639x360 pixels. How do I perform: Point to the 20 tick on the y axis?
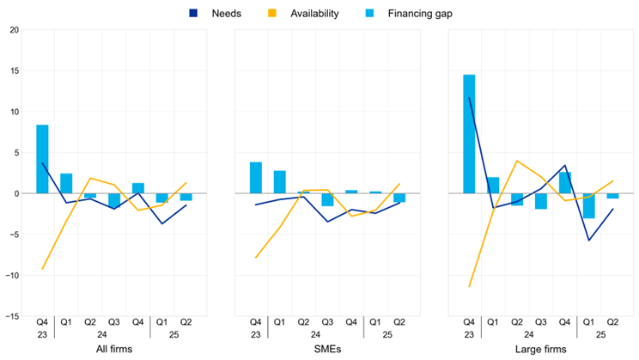[14, 30]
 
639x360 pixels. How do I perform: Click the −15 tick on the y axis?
[11, 316]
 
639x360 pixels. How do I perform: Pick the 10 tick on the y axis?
[14, 112]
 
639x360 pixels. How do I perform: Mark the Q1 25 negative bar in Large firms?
[588, 205]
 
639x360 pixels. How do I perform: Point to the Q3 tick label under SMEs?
[327, 322]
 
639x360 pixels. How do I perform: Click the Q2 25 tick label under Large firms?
[612, 322]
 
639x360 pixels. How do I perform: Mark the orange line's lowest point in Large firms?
[469, 286]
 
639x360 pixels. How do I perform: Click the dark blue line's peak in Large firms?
[469, 98]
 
